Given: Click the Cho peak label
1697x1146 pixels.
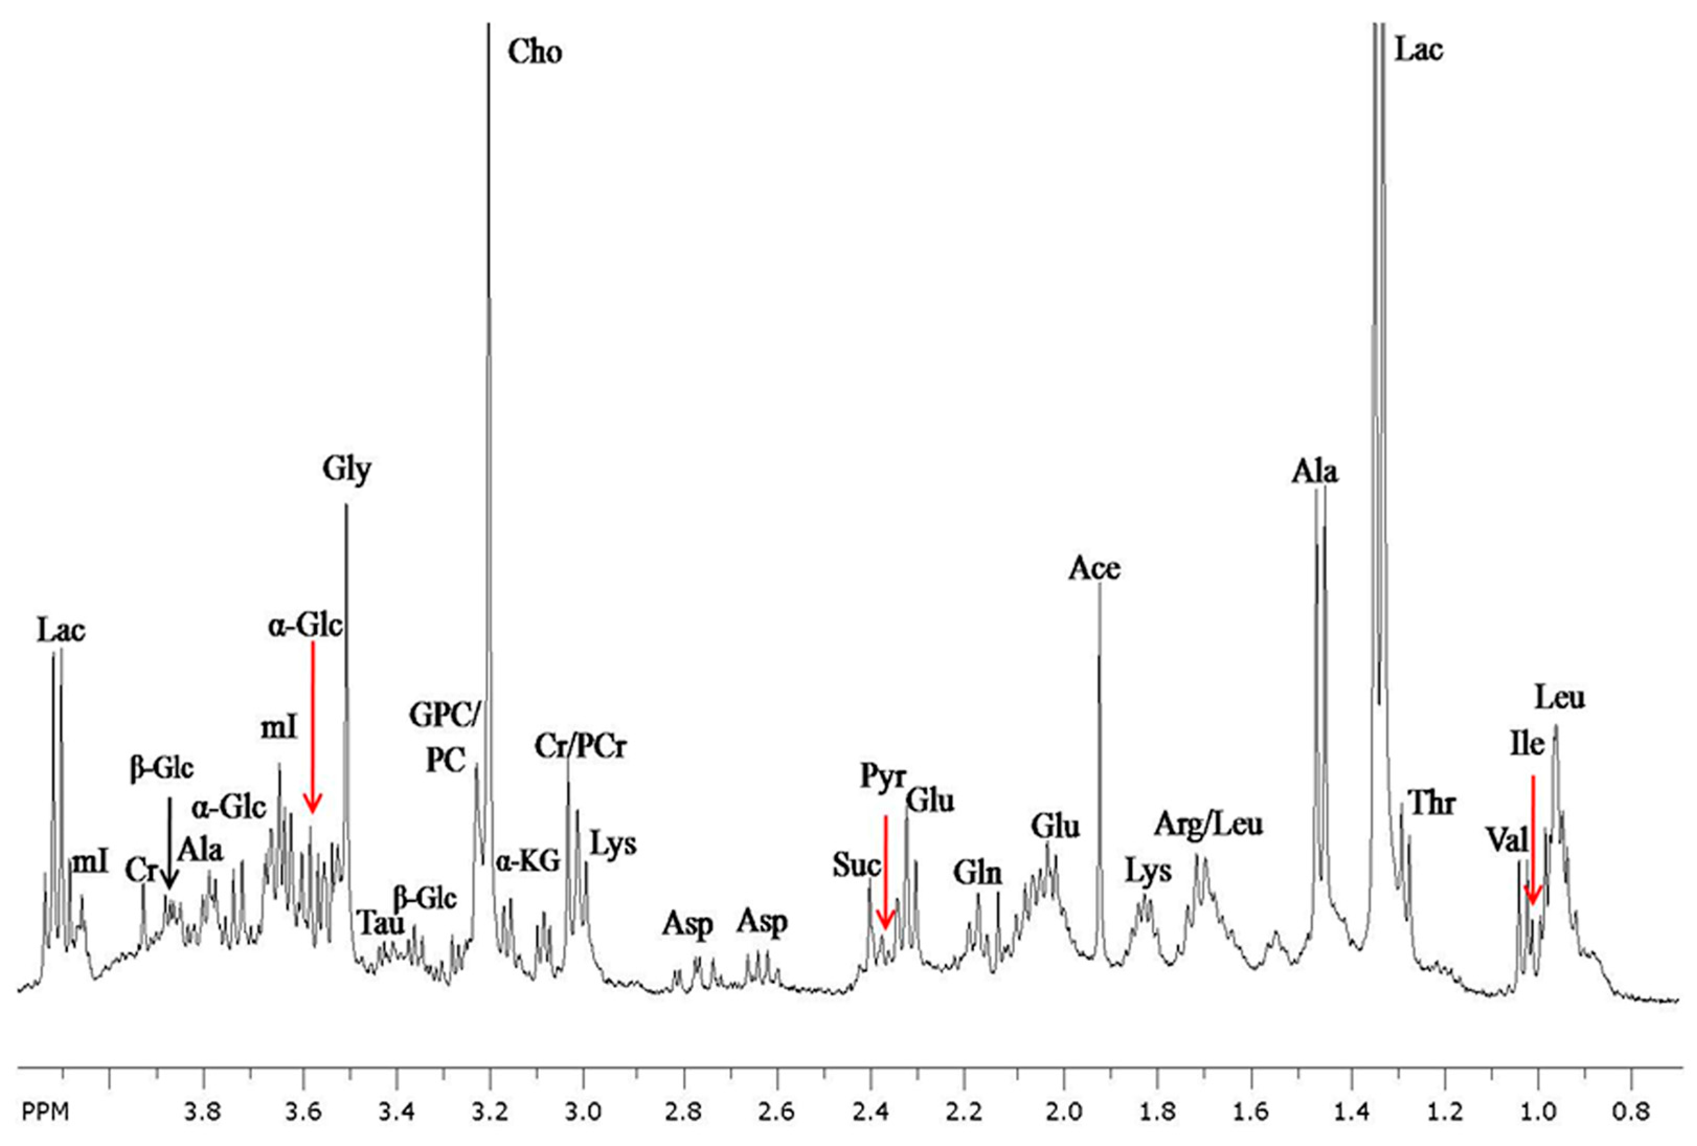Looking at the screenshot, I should point(535,52).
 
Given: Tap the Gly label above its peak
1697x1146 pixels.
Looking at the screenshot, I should point(347,469).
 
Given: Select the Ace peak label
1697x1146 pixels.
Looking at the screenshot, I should point(1094,568).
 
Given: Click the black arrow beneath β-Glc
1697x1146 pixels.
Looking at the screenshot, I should point(168,843).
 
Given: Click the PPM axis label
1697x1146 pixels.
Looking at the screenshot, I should point(46,1113).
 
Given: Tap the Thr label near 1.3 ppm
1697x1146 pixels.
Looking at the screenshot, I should point(1433,803).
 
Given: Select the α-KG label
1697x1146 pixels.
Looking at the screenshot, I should point(528,862).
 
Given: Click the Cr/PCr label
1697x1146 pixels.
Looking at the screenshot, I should point(581,747).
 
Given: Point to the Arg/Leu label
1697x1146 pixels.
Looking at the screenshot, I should point(1208,825).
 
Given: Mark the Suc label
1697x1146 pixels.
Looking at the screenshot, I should point(856,866).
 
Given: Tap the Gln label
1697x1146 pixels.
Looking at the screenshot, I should point(978,873).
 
